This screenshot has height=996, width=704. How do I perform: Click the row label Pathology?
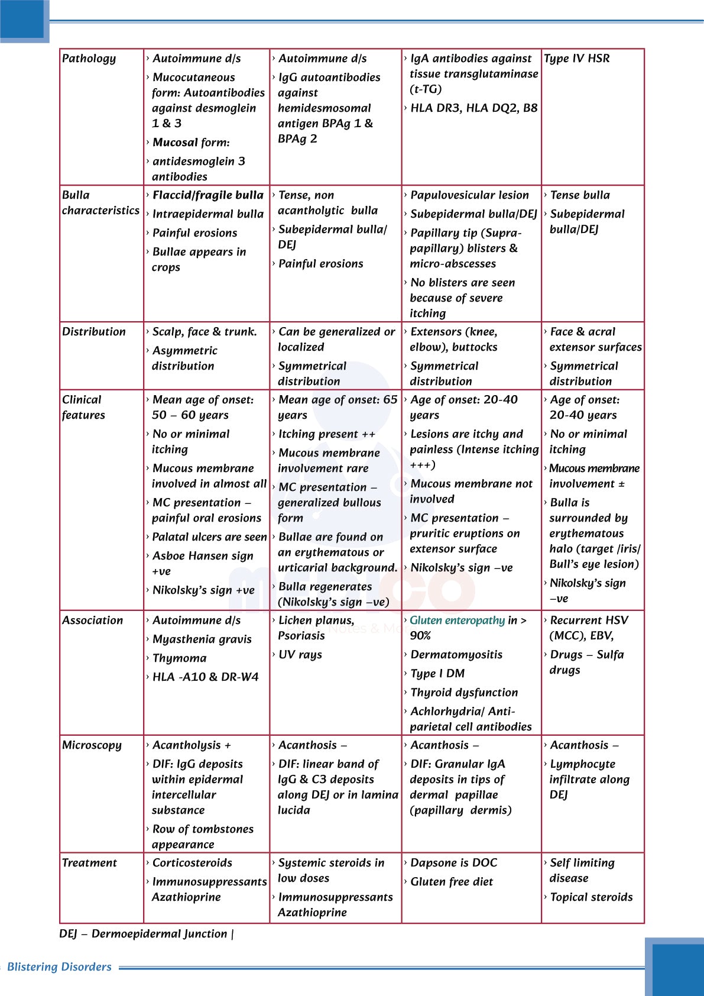[89, 59]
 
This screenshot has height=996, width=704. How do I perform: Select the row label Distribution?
[94, 332]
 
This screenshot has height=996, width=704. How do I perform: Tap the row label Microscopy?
[92, 745]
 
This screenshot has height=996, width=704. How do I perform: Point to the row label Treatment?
[89, 863]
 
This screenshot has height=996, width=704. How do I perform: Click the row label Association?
[93, 620]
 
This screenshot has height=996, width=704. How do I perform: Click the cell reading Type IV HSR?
[577, 59]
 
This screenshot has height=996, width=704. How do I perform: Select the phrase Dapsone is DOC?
[454, 863]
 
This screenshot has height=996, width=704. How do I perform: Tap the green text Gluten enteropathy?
[458, 620]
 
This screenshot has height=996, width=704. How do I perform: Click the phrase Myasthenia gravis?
[202, 639]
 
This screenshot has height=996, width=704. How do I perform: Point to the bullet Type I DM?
[437, 674]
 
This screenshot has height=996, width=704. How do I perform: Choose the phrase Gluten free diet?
[452, 882]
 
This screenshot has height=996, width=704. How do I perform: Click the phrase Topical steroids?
[591, 897]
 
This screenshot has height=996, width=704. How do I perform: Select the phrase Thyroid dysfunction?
[464, 693]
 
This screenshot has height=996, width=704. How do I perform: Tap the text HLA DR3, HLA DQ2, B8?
[474, 108]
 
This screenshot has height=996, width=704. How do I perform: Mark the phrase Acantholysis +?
[192, 745]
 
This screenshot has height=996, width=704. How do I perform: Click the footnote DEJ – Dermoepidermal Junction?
[143, 934]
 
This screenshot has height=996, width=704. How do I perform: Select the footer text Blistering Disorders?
[59, 967]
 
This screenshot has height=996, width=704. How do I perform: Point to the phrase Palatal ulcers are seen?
[210, 537]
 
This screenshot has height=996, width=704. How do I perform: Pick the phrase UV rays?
[300, 655]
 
